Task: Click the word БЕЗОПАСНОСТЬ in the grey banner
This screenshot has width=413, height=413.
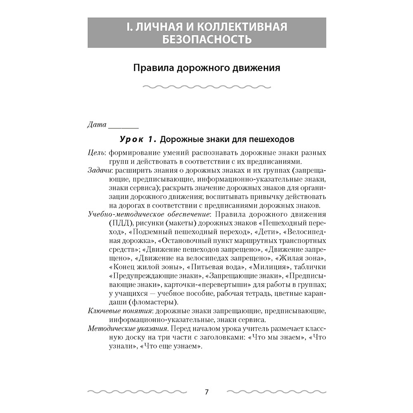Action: coord(207,40)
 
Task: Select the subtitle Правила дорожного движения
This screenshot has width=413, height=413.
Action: coord(206,67)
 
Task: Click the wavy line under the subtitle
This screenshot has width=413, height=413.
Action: coord(206,87)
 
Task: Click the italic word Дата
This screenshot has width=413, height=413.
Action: coord(97,125)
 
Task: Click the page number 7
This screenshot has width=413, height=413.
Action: coord(207,392)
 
